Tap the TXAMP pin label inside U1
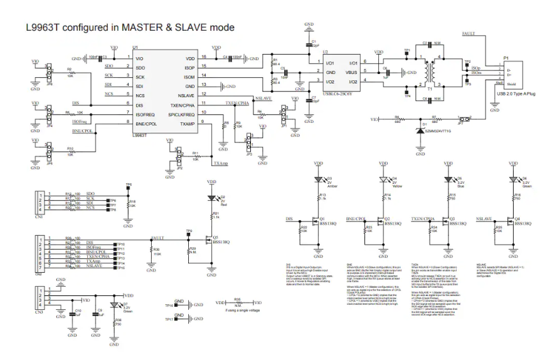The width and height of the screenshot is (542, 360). [x=188, y=124]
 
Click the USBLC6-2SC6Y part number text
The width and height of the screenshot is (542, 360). [x=336, y=93]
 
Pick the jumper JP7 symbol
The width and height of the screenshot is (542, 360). [x=464, y=119]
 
